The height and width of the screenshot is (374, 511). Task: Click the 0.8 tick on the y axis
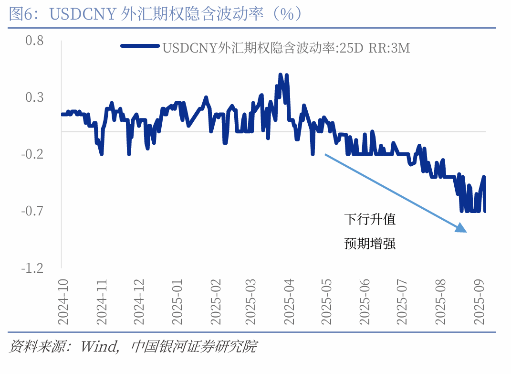34,41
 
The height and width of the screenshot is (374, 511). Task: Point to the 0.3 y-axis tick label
34,97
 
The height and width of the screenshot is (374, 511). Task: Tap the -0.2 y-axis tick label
32,154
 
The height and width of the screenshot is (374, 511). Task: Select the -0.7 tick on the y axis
32,211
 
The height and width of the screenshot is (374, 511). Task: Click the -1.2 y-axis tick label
32,268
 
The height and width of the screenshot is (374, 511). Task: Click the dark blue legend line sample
140,46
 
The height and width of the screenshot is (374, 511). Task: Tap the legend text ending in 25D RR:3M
286,48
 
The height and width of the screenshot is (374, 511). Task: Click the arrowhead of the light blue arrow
461,229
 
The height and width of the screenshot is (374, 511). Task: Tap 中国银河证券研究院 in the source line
193,346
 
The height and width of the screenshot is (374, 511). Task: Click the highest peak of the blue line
281,75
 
